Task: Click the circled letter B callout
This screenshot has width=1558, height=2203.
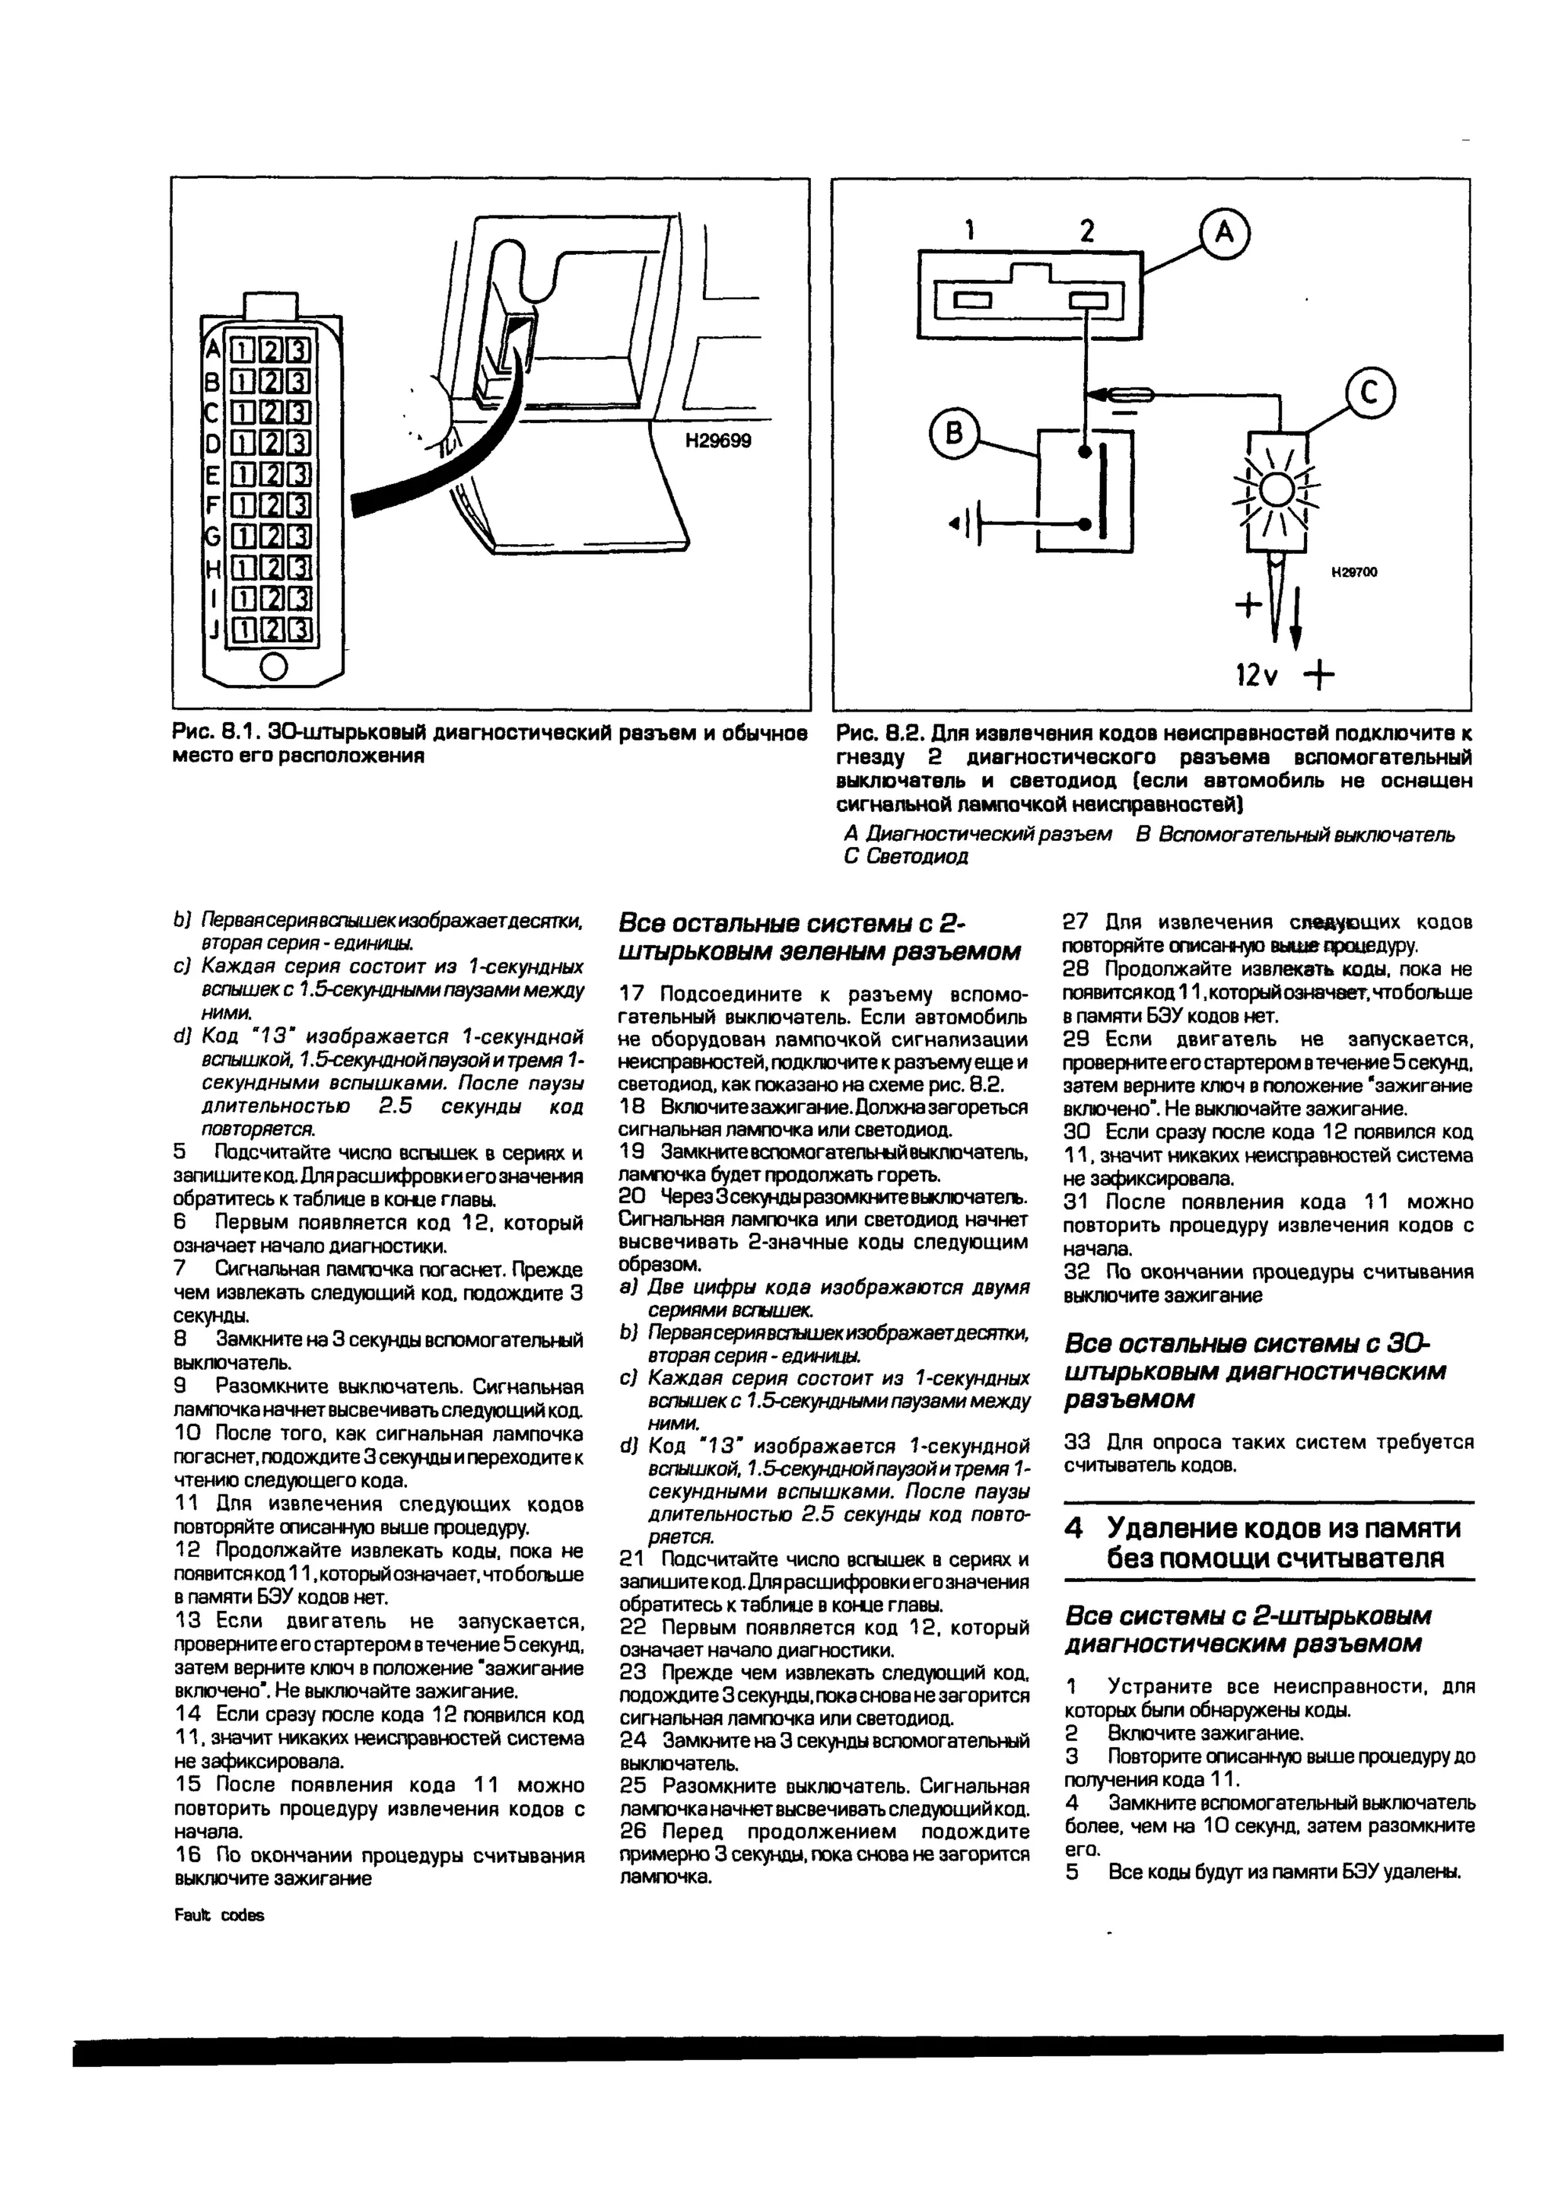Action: click(x=954, y=435)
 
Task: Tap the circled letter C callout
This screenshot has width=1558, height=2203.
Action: click(x=1369, y=393)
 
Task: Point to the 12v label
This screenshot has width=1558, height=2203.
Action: click(x=1258, y=676)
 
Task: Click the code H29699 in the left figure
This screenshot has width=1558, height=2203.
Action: click(x=717, y=441)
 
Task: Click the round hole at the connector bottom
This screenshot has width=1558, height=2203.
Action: click(x=273, y=666)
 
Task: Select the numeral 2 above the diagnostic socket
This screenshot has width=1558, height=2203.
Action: click(x=1086, y=231)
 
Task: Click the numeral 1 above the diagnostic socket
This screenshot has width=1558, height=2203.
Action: click(x=971, y=231)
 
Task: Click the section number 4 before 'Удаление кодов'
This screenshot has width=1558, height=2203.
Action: click(x=1074, y=1527)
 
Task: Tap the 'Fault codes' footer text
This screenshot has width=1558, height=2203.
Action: click(x=219, y=1914)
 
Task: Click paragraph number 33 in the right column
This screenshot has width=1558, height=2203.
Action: click(x=1077, y=1442)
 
